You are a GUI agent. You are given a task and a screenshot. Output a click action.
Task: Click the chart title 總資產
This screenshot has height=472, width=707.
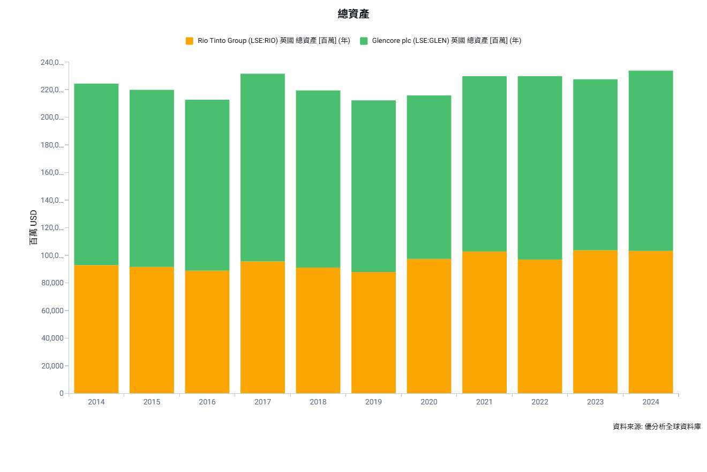click(x=353, y=14)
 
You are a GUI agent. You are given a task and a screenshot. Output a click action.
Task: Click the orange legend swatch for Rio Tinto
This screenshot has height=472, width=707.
click(x=190, y=41)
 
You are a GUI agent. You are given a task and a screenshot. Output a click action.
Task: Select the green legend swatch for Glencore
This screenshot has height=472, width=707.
click(x=364, y=41)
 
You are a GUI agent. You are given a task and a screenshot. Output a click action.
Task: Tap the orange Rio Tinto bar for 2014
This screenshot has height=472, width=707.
click(x=96, y=329)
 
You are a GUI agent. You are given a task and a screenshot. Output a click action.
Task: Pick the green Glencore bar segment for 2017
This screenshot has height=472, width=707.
click(x=262, y=167)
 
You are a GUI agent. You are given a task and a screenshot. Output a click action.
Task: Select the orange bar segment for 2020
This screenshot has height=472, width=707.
click(x=429, y=326)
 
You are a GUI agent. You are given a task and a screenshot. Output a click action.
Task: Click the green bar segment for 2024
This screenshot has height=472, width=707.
click(x=651, y=161)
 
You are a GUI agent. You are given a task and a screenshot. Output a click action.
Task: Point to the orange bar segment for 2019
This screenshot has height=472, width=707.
click(x=373, y=333)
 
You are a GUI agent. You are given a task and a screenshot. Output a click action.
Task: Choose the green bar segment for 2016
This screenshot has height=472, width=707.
click(x=207, y=185)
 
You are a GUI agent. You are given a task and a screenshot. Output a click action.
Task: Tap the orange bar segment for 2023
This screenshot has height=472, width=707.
click(x=595, y=322)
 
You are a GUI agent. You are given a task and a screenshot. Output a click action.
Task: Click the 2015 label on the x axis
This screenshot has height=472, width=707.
click(x=152, y=402)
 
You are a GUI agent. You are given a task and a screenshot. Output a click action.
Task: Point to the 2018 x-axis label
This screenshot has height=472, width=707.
click(x=318, y=402)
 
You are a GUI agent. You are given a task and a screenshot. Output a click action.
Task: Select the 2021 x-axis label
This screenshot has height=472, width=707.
click(x=484, y=402)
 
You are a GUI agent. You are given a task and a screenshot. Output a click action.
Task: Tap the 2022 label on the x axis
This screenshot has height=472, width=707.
click(x=540, y=402)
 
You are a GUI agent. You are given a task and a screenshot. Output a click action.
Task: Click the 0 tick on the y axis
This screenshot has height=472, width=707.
click(x=62, y=393)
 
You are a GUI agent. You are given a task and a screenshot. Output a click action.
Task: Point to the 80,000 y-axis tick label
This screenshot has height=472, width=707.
click(x=51, y=283)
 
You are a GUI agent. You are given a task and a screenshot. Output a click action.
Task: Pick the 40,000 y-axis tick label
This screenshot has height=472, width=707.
click(x=51, y=338)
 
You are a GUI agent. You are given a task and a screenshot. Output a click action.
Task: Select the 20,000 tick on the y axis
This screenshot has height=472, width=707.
click(x=51, y=366)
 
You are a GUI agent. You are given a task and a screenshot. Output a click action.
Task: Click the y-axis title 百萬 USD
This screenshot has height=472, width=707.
click(x=34, y=228)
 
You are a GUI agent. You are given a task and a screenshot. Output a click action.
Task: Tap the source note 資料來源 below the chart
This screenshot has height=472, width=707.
click(x=657, y=426)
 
